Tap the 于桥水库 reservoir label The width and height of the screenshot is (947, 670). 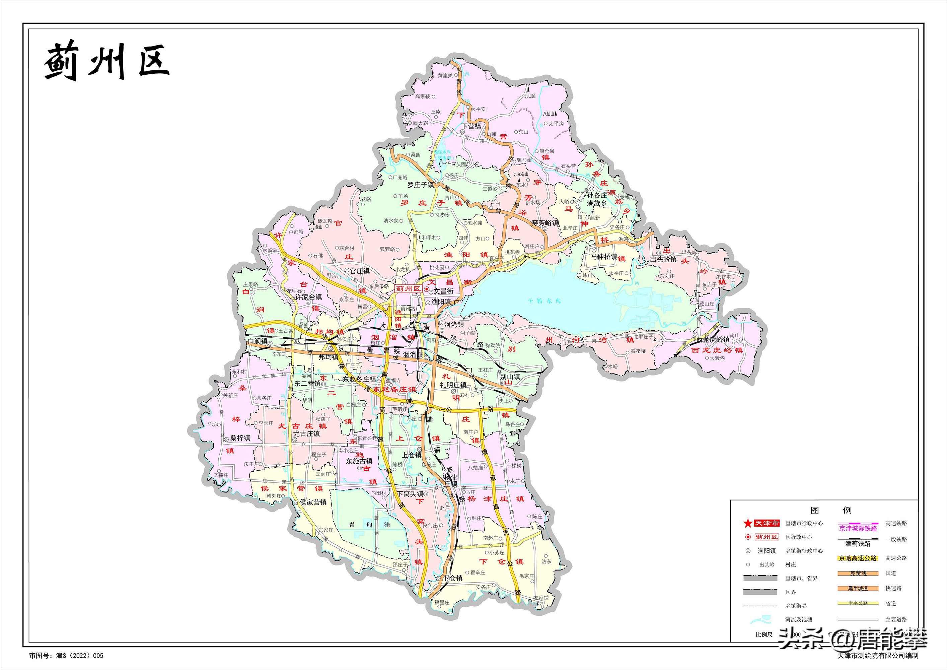coord(544,301)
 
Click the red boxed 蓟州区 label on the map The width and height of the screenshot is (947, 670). coord(408,289)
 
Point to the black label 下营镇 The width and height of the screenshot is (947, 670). coord(471,126)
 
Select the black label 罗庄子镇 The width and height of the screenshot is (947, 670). coord(421,185)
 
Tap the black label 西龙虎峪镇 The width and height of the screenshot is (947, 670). coord(713,340)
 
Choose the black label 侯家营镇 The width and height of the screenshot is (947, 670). coord(313,502)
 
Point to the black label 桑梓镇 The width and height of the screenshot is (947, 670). coord(240,438)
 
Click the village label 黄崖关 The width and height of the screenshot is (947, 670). coord(445,75)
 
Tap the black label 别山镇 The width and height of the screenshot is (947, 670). coord(510,377)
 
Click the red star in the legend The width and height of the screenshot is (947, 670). coord(747,524)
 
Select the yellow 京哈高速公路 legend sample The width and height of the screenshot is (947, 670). coord(858,558)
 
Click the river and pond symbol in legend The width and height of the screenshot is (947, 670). coord(760,619)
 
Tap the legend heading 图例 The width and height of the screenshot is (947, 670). coord(831,510)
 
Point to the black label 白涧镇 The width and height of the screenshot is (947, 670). coord(258,341)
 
